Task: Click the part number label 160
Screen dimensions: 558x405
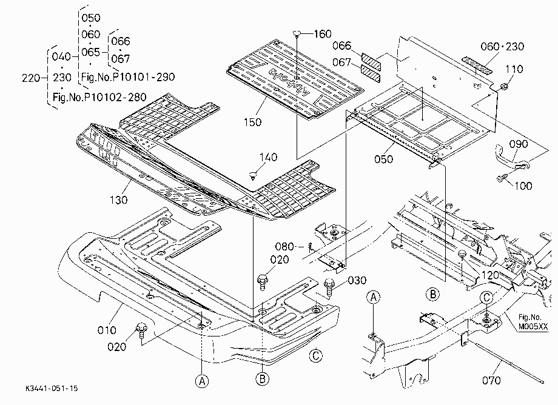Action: [x=323, y=34]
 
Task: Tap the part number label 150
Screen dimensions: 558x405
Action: [x=253, y=122]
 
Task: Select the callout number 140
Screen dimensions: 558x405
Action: [x=268, y=157]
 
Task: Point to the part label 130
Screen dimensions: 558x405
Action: [x=118, y=200]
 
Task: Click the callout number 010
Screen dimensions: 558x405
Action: [x=107, y=330]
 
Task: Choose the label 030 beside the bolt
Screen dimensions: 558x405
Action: [x=357, y=281]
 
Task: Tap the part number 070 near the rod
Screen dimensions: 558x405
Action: [x=491, y=381]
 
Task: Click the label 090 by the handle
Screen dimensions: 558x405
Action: [x=519, y=144]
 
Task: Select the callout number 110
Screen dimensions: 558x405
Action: [x=514, y=69]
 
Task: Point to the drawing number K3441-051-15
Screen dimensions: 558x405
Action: [x=52, y=388]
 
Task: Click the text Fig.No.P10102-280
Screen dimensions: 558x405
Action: [x=99, y=97]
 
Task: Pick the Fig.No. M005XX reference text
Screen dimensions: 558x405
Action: [x=533, y=322]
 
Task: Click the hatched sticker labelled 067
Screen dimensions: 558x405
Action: [x=371, y=73]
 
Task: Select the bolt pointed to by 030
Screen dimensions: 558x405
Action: [x=329, y=287]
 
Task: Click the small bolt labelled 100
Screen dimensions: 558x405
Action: [x=502, y=177]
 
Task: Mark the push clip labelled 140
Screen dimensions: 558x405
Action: [x=254, y=175]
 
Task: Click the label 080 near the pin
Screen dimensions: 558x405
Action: [x=284, y=246]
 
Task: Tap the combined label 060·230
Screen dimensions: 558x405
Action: [x=502, y=46]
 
